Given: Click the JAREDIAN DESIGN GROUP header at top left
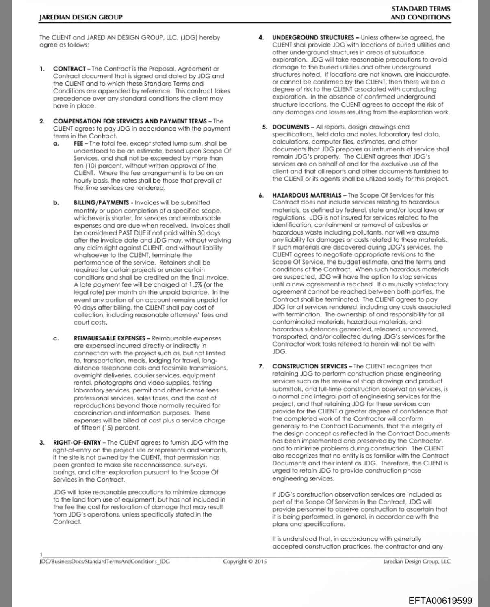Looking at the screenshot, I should [81, 17].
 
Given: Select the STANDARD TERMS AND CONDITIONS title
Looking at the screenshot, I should [421, 13].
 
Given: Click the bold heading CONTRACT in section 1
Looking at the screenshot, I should [69, 69].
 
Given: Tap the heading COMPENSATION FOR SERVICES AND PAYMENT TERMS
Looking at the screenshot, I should [130, 121].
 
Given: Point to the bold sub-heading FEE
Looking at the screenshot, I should [78, 143].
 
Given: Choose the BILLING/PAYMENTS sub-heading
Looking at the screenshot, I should [101, 202].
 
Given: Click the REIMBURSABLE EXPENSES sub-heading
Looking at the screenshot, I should [109, 338].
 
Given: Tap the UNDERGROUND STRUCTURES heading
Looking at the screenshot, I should [313, 37].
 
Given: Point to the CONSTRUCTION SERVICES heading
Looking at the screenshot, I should [310, 366].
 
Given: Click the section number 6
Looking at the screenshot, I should [261, 195].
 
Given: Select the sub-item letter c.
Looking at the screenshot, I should [56, 338].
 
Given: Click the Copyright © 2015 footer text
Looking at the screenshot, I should [245, 562].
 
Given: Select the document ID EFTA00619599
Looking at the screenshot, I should [440, 600].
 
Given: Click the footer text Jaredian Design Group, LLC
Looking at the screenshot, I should [416, 562].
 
